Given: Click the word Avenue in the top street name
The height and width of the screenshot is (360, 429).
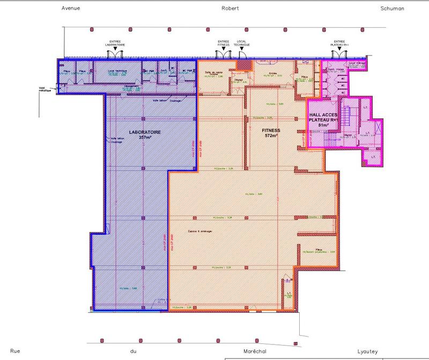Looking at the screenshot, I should point(71,9).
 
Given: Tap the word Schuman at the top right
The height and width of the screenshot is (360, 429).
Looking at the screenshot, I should point(392,9).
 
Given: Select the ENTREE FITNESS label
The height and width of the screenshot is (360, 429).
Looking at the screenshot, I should point(223,43).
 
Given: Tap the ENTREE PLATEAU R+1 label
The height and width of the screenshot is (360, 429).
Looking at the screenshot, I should point(339,43).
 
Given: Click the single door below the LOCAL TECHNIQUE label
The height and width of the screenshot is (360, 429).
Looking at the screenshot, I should point(242,54).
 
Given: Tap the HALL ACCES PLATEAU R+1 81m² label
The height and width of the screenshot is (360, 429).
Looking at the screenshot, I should point(323,121).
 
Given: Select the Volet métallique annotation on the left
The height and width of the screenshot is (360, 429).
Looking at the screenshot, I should point(45,89).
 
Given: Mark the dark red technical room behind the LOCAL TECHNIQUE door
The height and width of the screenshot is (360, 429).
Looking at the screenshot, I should point(244,65).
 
